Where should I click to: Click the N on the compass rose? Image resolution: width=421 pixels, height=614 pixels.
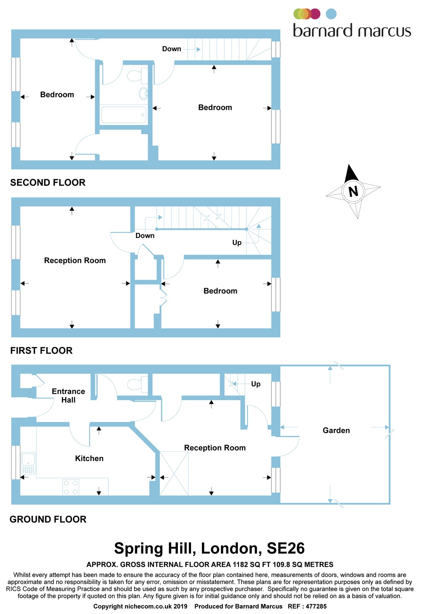tap(353, 191)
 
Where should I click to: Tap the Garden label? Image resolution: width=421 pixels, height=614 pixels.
tap(336, 431)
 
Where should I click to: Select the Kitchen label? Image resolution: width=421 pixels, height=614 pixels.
tap(89, 459)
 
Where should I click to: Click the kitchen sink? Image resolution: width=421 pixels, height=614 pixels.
tap(28, 463)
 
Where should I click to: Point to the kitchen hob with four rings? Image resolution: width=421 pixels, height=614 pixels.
tap(71, 487)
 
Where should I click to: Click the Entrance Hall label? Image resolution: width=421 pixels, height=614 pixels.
tap(68, 395)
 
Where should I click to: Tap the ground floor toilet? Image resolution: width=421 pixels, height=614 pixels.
tap(138, 384)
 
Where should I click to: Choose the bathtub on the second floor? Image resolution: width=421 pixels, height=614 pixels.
tap(124, 115)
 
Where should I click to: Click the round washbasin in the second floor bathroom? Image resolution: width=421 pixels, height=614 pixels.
tap(144, 94)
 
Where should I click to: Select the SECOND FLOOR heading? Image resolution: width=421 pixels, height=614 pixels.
tap(48, 183)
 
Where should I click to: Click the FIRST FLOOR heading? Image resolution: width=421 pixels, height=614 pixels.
tap(42, 351)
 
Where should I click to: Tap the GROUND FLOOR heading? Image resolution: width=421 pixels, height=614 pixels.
tap(48, 519)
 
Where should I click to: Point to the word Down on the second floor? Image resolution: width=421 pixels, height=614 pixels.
tap(172, 49)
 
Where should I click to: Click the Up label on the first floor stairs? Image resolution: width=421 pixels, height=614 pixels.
tap(237, 243)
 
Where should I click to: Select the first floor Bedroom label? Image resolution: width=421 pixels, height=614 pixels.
tap(220, 291)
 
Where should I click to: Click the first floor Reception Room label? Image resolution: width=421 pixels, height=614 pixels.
tap(75, 260)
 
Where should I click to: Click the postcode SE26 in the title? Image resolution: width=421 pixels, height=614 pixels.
tap(285, 548)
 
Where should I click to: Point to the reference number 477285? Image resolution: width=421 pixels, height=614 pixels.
tap(316, 606)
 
